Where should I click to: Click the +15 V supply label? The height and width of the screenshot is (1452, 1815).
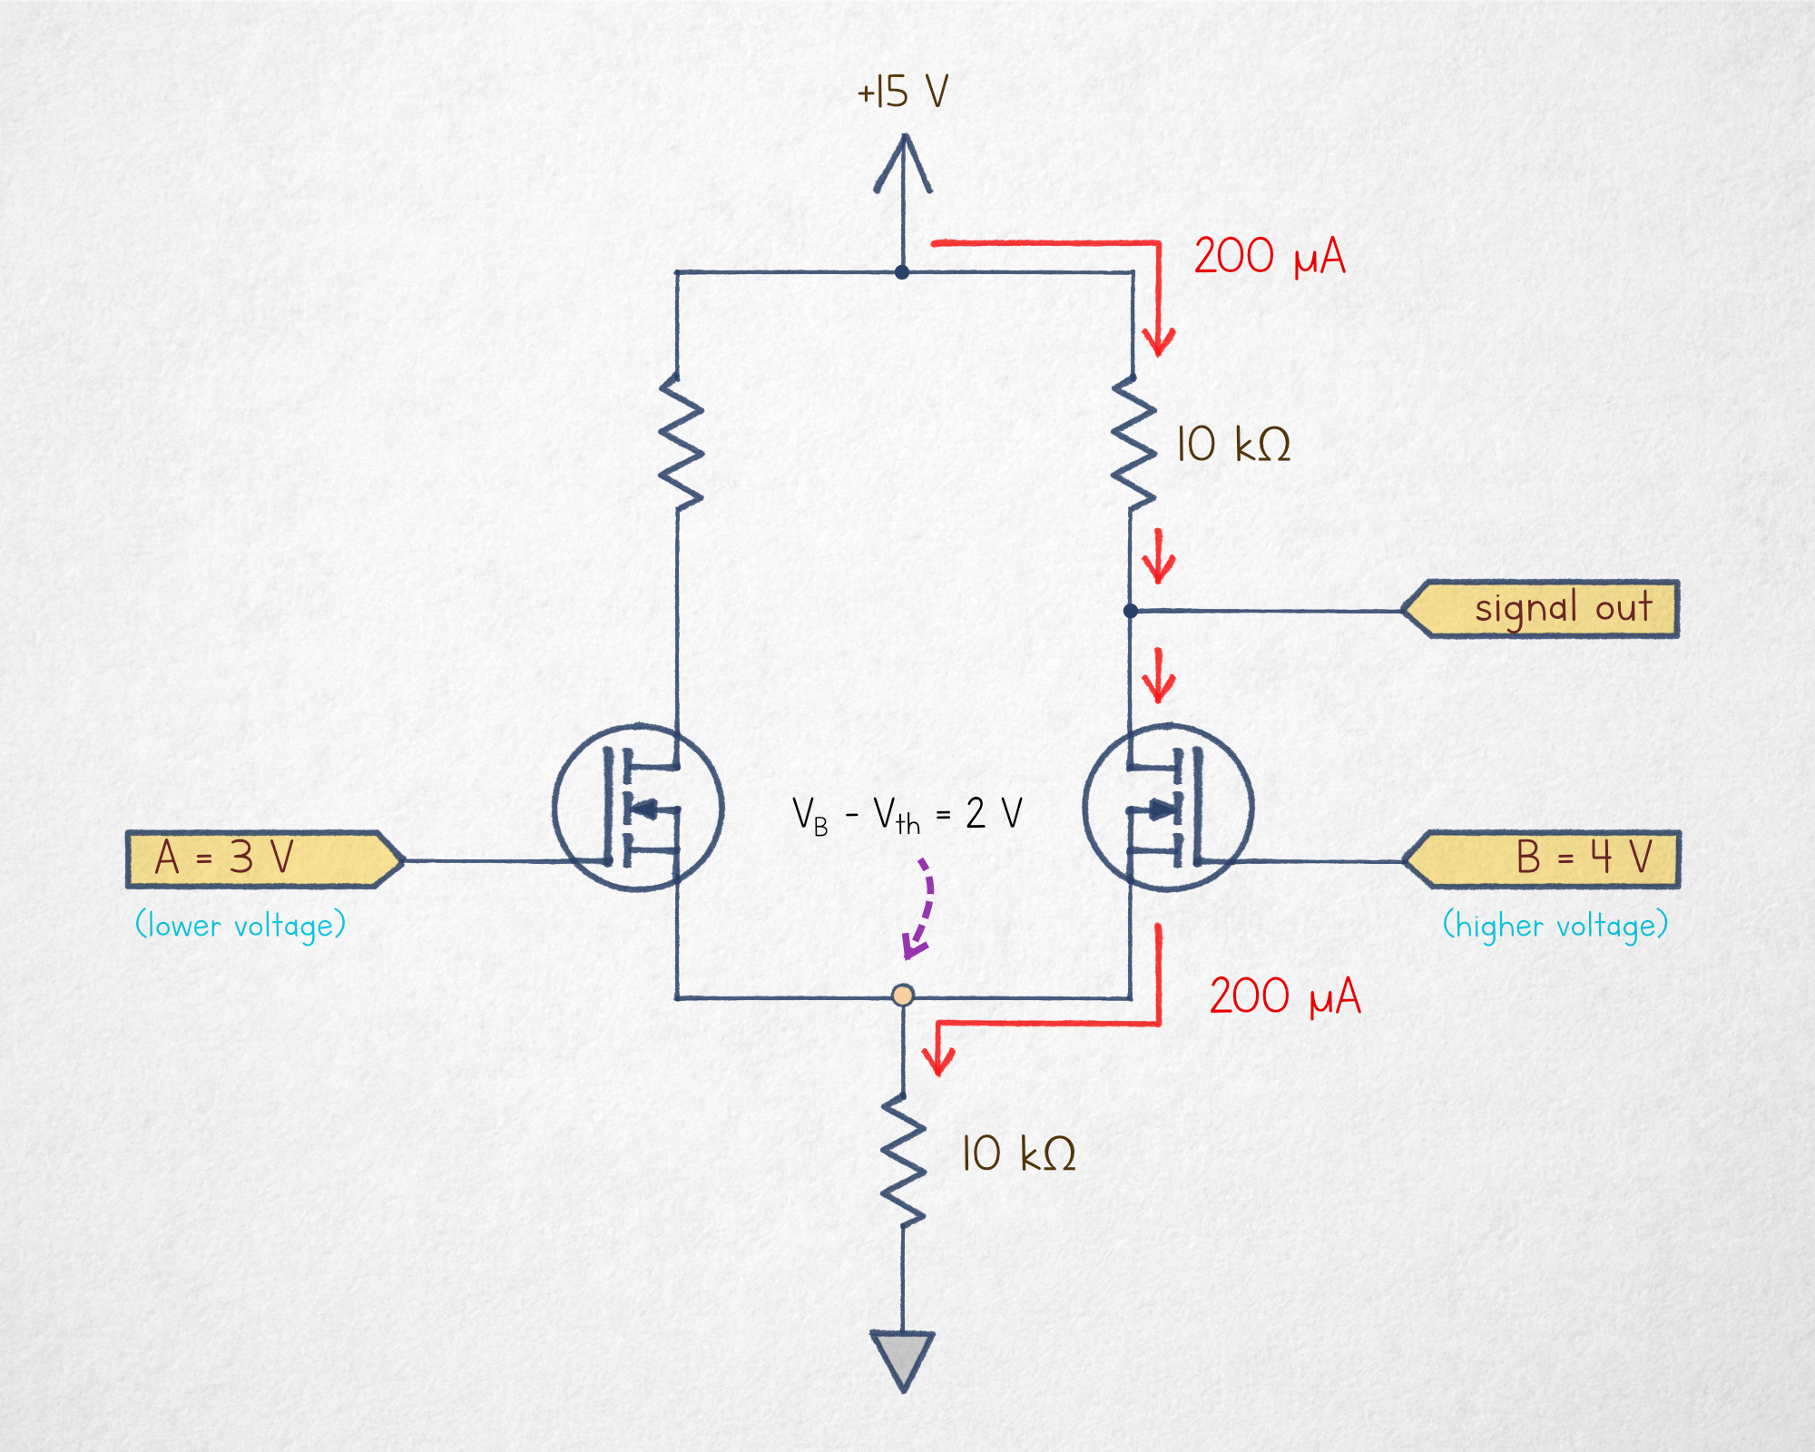tap(903, 92)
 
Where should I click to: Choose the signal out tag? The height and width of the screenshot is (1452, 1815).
tap(1541, 609)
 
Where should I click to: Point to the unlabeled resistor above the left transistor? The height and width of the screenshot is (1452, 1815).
tap(680, 440)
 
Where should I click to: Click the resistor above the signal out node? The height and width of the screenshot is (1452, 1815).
tap(1133, 440)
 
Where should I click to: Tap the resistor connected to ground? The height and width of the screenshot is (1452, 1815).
tap(903, 1161)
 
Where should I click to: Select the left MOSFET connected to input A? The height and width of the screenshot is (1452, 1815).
tap(638, 807)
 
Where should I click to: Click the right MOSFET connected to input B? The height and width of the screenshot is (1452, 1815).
tap(1169, 807)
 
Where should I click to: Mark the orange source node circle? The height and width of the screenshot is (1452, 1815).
tap(903, 996)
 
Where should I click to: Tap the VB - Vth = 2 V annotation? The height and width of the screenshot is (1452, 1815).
tap(907, 814)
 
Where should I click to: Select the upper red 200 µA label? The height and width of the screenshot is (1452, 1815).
tap(1269, 256)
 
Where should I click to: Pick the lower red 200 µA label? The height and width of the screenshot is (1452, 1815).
tap(1285, 996)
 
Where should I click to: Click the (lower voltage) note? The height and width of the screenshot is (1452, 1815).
tap(240, 926)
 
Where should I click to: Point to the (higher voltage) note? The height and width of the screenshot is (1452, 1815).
tap(1555, 926)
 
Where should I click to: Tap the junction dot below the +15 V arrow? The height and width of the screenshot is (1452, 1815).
tap(902, 272)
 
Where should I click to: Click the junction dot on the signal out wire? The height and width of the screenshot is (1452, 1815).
tap(1131, 611)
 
